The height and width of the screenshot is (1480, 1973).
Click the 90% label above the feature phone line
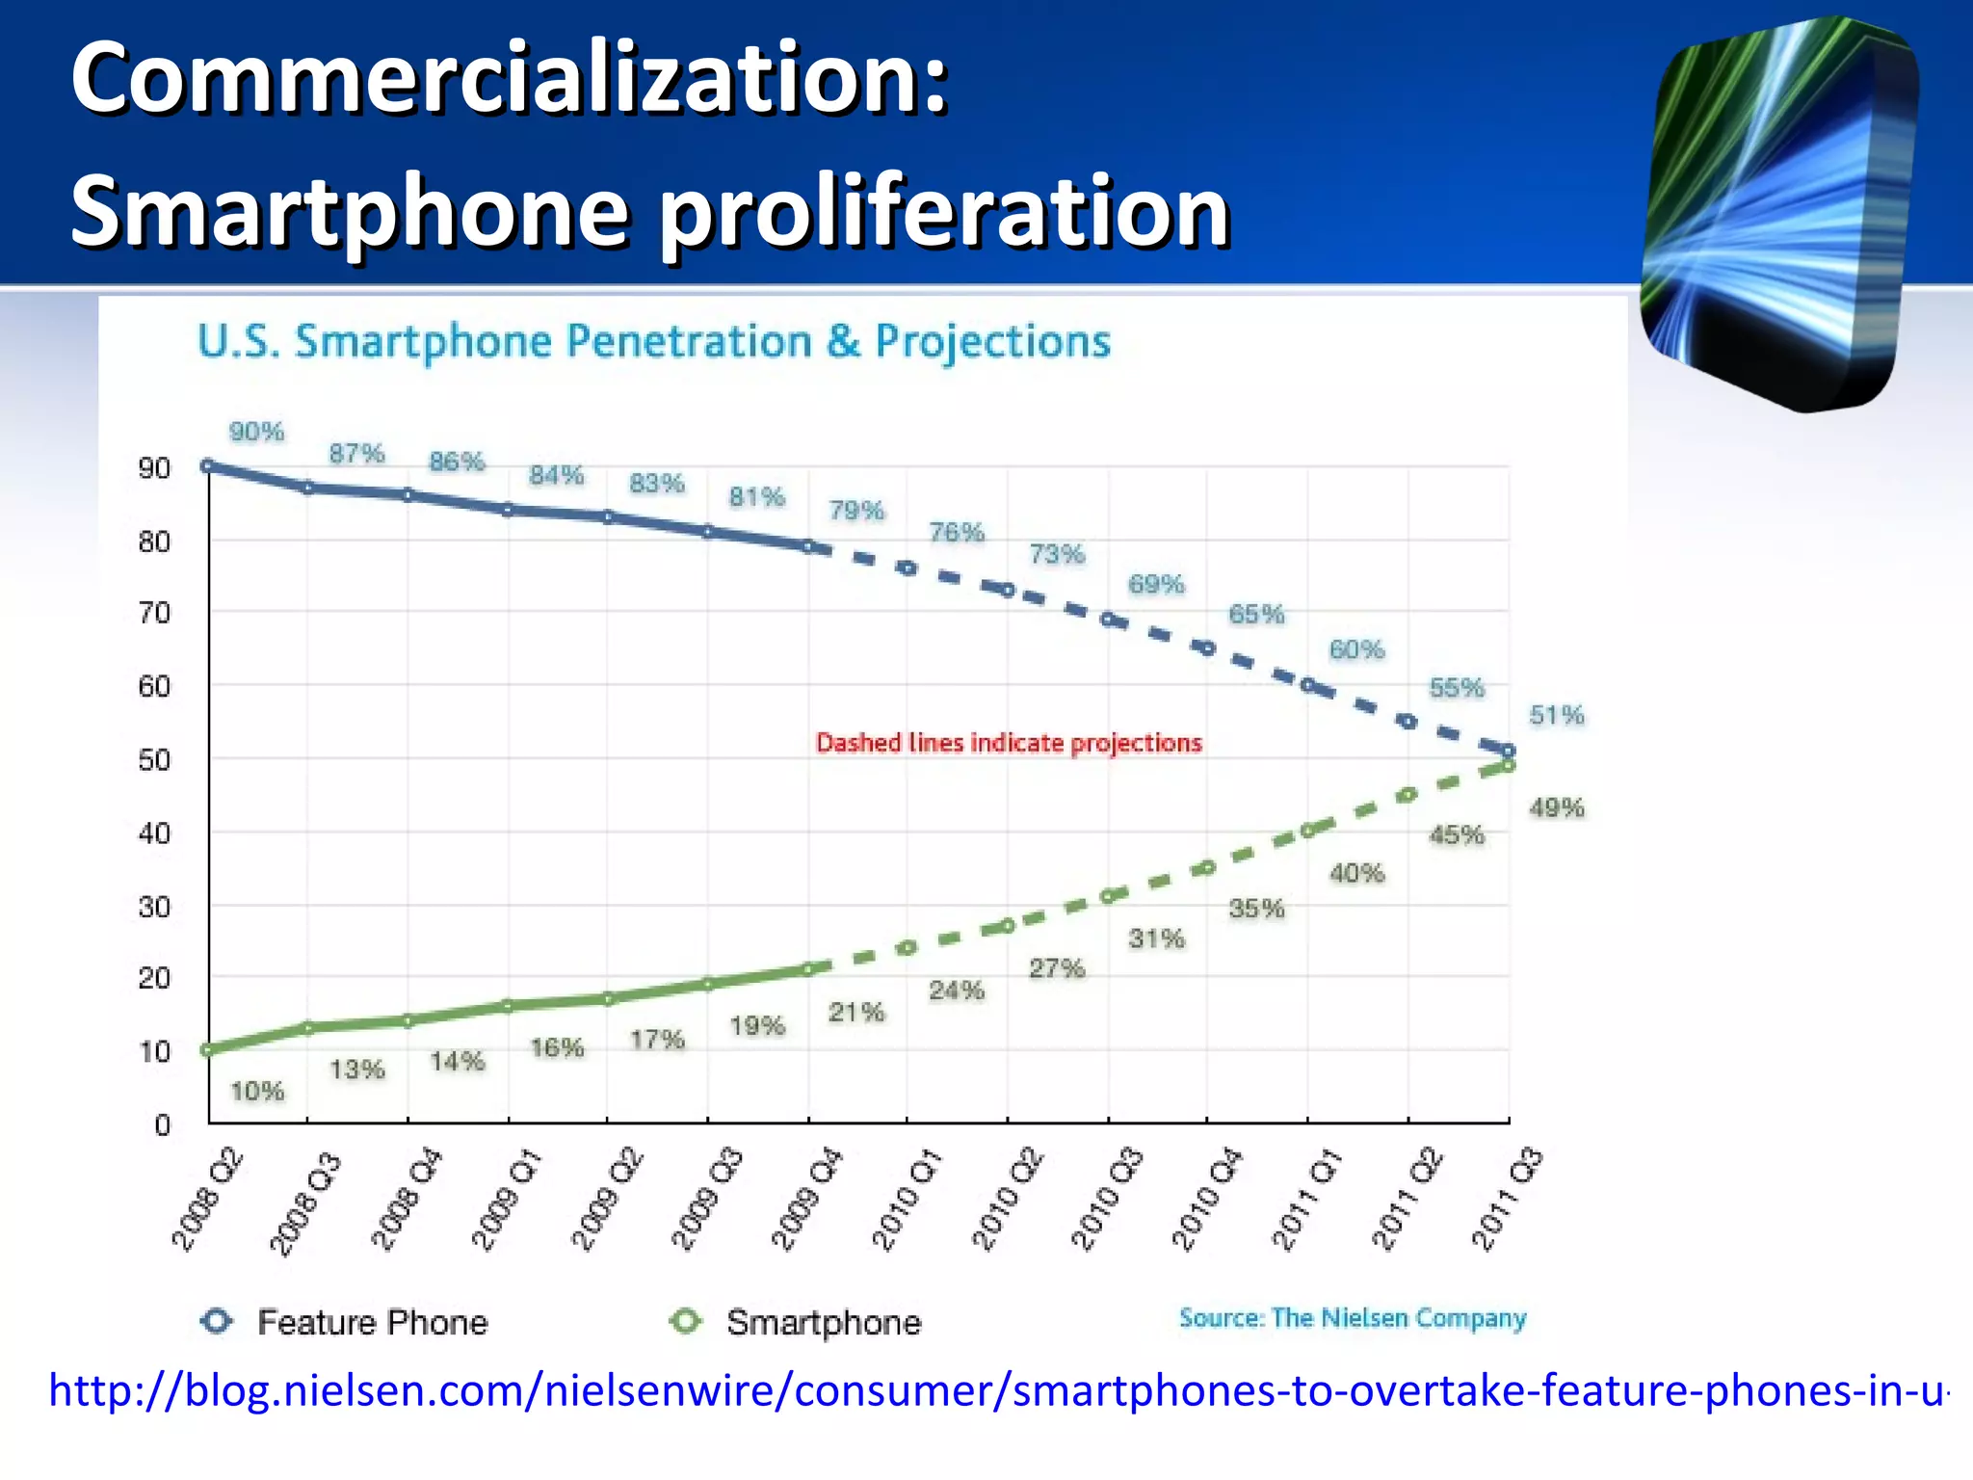point(256,432)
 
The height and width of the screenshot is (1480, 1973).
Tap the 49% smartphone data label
point(1556,807)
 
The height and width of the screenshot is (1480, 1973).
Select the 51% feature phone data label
point(1556,715)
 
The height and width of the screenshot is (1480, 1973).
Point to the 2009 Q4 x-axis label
point(806,1200)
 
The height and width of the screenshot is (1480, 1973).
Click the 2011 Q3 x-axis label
point(1507,1200)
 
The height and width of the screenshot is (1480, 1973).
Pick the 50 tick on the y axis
point(154,760)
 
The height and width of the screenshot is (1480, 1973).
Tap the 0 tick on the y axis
point(162,1124)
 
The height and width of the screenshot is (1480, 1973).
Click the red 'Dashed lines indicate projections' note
point(1009,743)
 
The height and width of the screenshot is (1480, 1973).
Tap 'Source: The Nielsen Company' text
point(1353,1317)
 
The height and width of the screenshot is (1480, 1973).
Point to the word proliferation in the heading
point(944,212)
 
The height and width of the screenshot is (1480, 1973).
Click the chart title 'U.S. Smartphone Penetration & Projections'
point(654,341)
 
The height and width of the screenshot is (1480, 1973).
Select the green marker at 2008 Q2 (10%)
point(207,1049)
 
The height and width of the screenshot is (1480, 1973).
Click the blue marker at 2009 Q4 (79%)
point(808,546)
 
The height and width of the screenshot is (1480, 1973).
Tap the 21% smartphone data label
point(855,1012)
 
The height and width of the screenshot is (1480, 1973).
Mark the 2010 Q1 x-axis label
point(907,1200)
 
